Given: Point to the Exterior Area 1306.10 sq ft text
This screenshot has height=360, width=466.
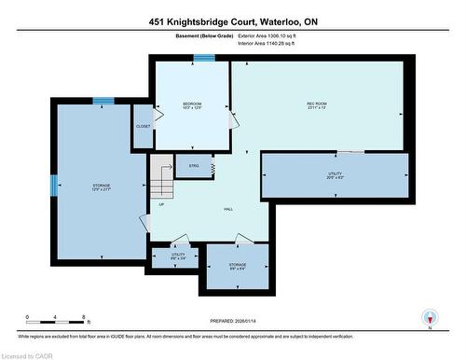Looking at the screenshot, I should (271, 37).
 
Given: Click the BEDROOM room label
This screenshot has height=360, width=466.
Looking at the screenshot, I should (191, 104).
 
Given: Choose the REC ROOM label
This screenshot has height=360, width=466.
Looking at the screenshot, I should (318, 104).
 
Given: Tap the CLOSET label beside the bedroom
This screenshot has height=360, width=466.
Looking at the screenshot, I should (143, 126).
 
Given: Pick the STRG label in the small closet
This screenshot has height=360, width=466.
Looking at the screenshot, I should (194, 166).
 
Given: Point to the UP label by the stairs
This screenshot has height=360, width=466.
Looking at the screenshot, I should (161, 204).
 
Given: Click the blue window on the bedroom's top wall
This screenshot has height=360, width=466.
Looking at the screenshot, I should (203, 58).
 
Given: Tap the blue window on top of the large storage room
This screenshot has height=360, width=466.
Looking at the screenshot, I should (103, 101).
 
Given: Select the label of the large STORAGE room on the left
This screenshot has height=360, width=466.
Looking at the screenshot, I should (101, 187).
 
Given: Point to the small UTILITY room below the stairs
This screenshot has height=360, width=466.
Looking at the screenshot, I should (176, 256).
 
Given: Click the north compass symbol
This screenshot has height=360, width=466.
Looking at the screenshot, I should (430, 317).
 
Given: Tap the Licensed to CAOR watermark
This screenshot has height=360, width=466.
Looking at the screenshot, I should (28, 353).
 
